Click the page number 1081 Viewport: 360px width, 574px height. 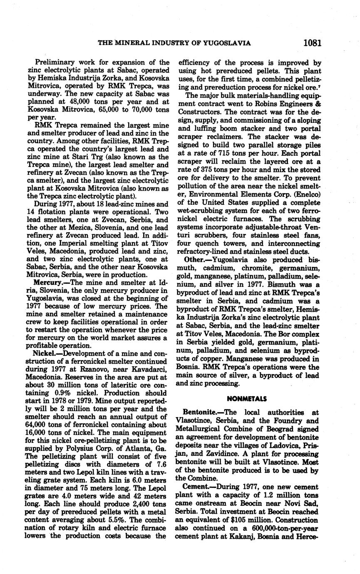click(x=313, y=42)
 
